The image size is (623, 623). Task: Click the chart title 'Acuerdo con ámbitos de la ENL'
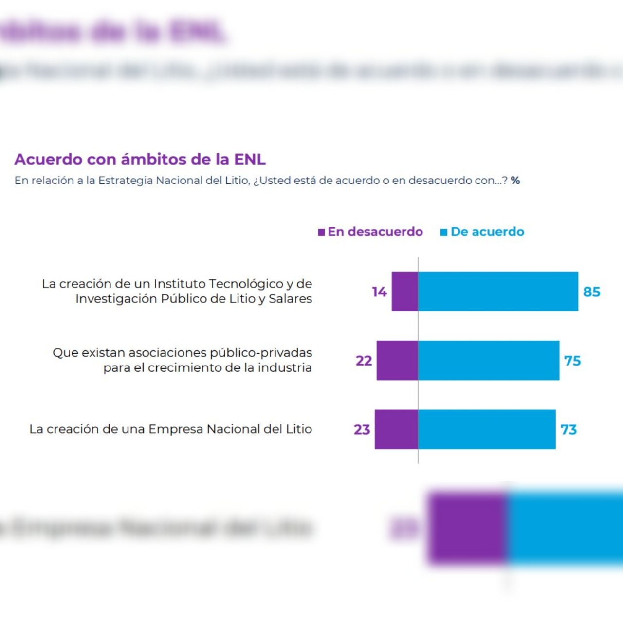pyautogui.click(x=140, y=159)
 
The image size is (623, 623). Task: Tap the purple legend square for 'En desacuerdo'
pyautogui.click(x=321, y=232)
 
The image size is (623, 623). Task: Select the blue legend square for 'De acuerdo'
pyautogui.click(x=443, y=232)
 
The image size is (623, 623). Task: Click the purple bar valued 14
pyautogui.click(x=405, y=292)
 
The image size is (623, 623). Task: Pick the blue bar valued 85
pyautogui.click(x=498, y=292)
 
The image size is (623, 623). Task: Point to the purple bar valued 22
pyautogui.click(x=397, y=361)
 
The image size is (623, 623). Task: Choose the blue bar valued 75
pyautogui.click(x=489, y=361)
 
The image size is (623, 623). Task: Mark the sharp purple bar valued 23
pyautogui.click(x=396, y=429)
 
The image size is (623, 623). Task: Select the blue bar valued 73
pyautogui.click(x=487, y=429)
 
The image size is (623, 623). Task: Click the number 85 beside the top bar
pyautogui.click(x=592, y=292)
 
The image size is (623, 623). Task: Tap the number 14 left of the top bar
pyautogui.click(x=379, y=292)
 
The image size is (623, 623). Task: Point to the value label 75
pyautogui.click(x=572, y=361)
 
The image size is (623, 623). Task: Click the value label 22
pyautogui.click(x=364, y=361)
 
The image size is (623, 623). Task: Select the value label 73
pyautogui.click(x=568, y=430)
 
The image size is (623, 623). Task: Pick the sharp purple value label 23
pyautogui.click(x=362, y=430)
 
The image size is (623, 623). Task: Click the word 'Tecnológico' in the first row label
pyautogui.click(x=246, y=284)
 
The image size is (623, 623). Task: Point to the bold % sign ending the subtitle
pyautogui.click(x=515, y=181)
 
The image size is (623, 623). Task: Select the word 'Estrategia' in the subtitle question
pyautogui.click(x=126, y=181)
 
